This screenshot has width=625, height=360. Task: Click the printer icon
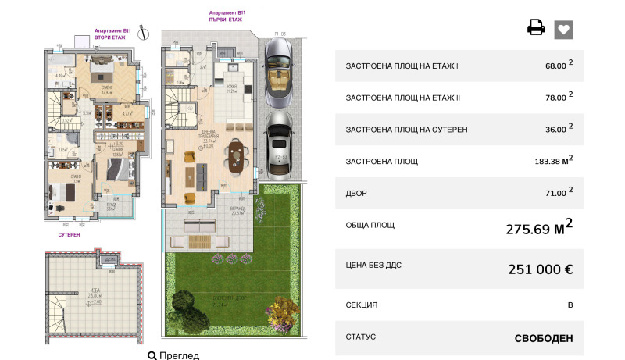coord(536,28)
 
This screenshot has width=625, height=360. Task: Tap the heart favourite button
coord(564,29)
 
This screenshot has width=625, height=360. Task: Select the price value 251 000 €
coord(541,269)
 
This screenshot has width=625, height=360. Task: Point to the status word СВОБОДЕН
coord(544,338)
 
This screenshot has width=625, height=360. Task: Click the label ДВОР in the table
coord(355,192)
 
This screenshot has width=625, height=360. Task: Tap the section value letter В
coord(570,305)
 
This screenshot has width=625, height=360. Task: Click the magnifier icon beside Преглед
coord(152,355)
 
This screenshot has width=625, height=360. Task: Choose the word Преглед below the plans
coord(179,355)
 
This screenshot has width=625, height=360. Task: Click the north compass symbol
coord(143,33)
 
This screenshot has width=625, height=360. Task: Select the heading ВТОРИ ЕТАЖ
coord(109,37)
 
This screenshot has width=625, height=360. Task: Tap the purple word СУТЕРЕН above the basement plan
coord(70,234)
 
